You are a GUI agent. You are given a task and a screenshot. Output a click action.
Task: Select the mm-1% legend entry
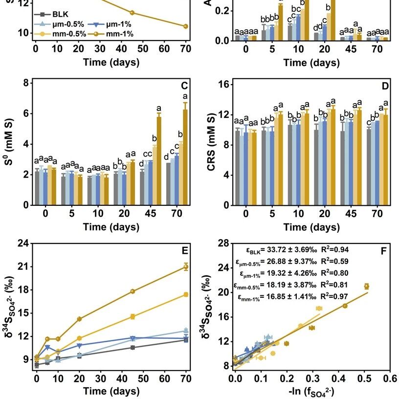[116, 34]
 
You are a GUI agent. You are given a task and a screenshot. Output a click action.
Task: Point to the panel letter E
[185, 251]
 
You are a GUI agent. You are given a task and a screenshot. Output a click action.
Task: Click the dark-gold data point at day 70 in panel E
[186, 266]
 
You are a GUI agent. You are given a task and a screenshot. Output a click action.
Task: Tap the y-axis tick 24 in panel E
[24, 244]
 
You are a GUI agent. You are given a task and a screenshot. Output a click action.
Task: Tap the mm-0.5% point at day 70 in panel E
[186, 294]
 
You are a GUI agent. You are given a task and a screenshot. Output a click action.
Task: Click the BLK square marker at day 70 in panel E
[186, 340]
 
